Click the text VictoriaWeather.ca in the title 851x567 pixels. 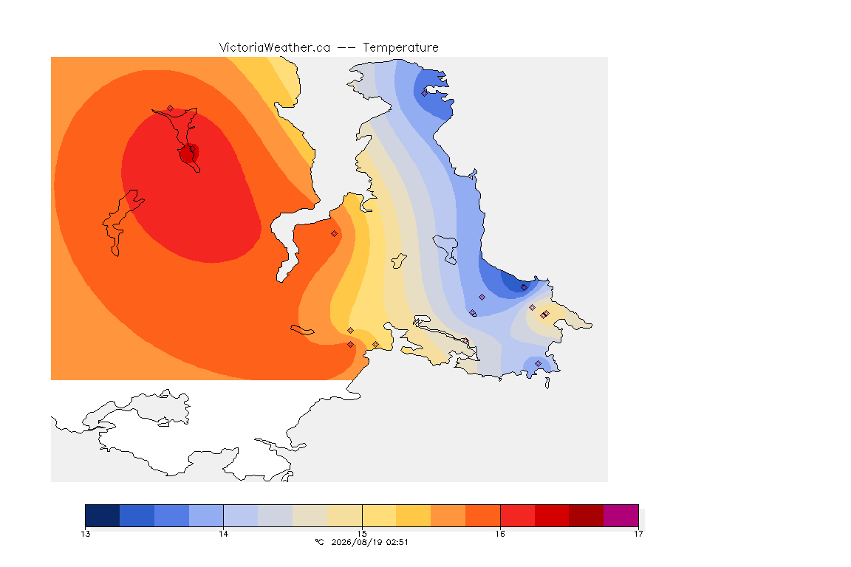coord(275,48)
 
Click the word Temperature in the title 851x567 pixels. coord(400,48)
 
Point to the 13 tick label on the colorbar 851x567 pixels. coord(85,534)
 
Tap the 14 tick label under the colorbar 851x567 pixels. coord(224,534)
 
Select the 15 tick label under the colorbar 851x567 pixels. coord(362,534)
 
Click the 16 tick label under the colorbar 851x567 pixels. coord(500,534)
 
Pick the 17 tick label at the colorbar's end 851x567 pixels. coord(638,534)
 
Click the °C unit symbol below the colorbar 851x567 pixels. coord(319,542)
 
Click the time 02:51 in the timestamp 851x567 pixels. coord(397,542)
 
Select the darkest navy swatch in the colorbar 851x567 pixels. coord(103,515)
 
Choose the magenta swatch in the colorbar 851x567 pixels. coord(621,515)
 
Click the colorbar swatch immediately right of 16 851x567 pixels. coord(517,515)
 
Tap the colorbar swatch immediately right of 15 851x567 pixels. coord(379,515)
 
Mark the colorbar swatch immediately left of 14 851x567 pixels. coord(206,515)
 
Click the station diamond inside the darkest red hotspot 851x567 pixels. coord(192,148)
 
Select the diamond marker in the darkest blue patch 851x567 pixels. coord(524,288)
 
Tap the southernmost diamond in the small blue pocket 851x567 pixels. coord(538,363)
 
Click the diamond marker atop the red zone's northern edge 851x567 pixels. coord(171,109)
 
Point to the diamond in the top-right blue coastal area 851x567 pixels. coord(425,93)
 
